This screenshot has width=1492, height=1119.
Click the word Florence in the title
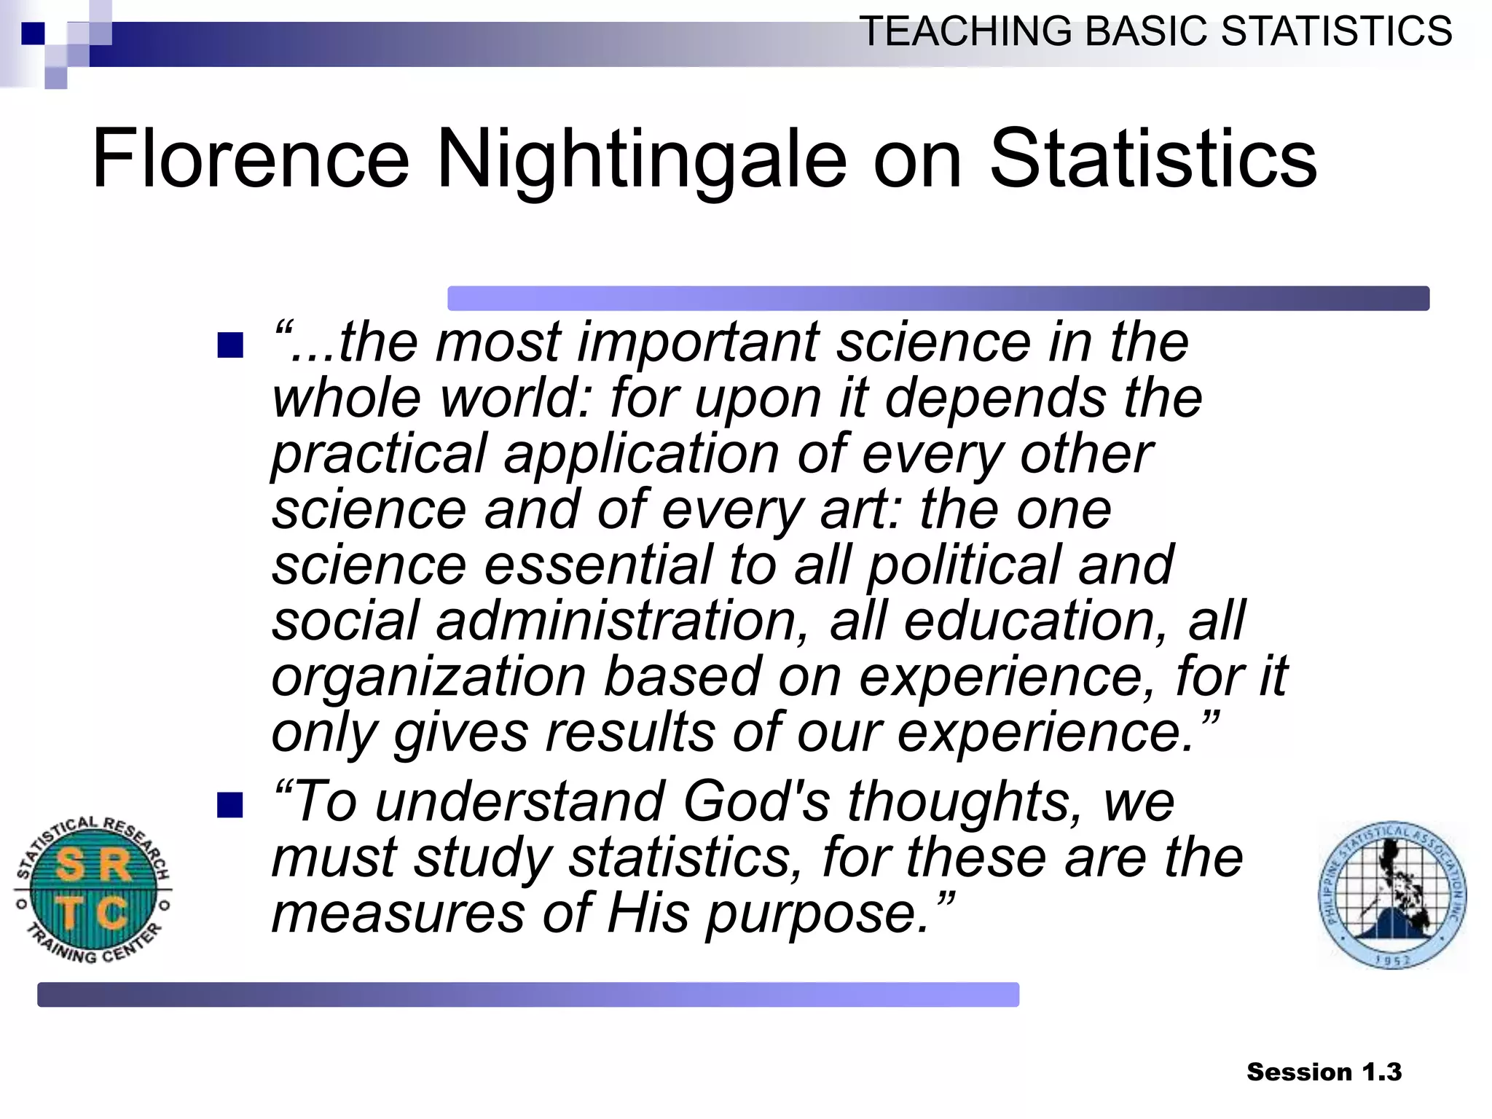251,159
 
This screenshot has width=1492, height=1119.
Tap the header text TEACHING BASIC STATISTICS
1155,31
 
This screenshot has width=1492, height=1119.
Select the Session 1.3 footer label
1324,1072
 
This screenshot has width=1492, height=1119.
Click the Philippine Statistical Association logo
1392,895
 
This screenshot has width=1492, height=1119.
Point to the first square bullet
230,345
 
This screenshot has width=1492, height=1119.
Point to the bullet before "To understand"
230,805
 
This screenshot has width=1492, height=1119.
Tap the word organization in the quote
428,678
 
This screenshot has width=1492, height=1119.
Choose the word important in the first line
698,342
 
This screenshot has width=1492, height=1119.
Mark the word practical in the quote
379,455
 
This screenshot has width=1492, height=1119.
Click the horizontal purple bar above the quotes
938,298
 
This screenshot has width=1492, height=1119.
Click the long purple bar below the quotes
528,994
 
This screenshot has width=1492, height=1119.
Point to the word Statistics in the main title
1153,159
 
